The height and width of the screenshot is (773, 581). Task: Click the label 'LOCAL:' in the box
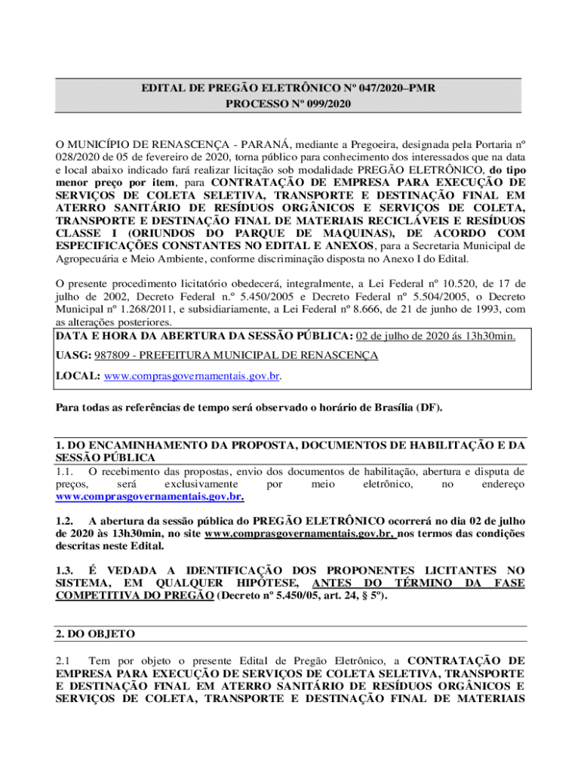(x=78, y=375)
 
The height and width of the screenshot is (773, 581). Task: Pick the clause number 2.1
(x=64, y=661)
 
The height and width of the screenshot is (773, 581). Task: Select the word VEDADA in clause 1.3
(x=129, y=571)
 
